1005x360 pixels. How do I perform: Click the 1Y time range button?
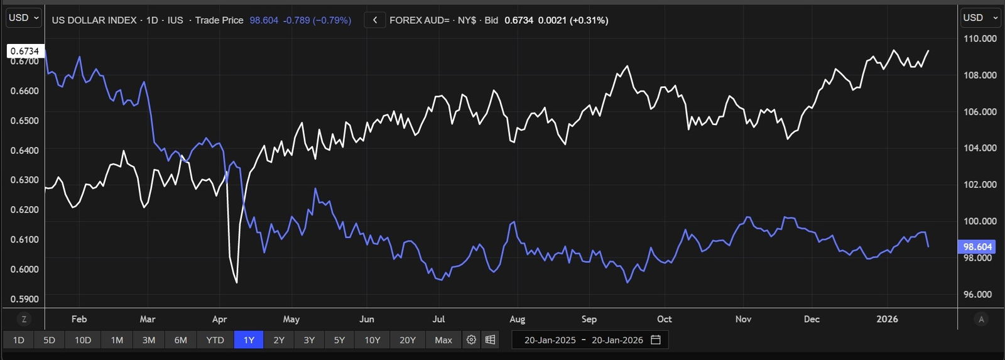click(x=249, y=340)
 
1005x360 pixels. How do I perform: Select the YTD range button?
click(x=215, y=340)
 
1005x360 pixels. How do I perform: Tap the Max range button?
click(x=443, y=340)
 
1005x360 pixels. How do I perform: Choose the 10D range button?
click(x=83, y=340)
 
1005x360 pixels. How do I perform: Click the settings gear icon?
click(x=471, y=340)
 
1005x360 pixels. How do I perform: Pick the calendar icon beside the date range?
click(x=656, y=340)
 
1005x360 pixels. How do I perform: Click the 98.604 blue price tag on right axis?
click(x=977, y=247)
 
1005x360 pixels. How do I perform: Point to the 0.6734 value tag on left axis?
click(x=25, y=51)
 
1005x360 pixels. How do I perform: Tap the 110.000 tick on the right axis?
click(x=980, y=38)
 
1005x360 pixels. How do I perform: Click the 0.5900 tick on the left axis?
click(x=24, y=299)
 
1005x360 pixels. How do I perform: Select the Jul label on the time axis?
click(x=438, y=319)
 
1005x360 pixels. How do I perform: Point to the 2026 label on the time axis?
click(x=887, y=319)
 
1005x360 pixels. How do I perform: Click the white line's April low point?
click(x=236, y=283)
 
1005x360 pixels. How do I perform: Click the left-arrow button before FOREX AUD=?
click(x=375, y=20)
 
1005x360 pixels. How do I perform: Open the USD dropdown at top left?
click(x=24, y=18)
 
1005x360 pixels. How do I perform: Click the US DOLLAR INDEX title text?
click(x=94, y=20)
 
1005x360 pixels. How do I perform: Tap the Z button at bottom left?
click(x=24, y=319)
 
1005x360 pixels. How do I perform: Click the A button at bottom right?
click(x=981, y=319)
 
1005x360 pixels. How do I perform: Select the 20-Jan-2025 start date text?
click(x=550, y=340)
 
